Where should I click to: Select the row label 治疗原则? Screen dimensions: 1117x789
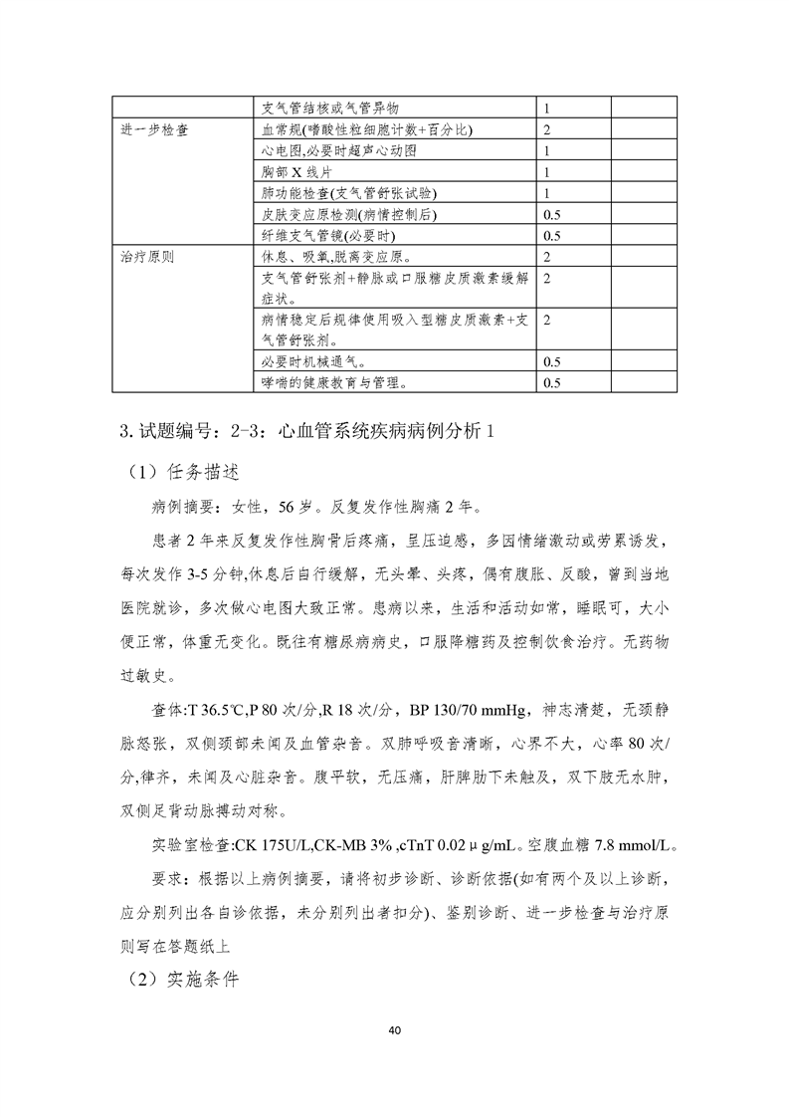147,257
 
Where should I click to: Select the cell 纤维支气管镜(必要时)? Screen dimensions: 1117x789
326,236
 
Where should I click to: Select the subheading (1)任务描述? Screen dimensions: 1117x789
184,470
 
